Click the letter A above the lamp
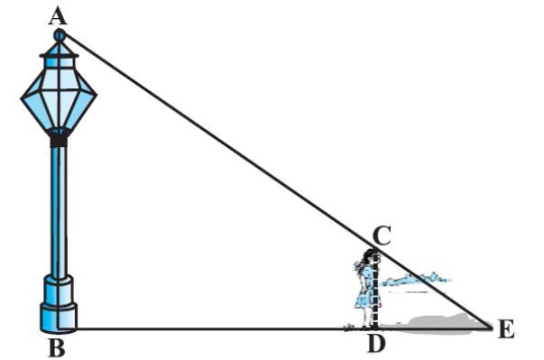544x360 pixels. tap(58, 17)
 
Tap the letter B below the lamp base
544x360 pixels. tap(57, 347)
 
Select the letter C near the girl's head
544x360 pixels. tap(383, 235)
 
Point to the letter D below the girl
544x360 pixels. tap(376, 344)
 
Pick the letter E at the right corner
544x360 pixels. tap(506, 329)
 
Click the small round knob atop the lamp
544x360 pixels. tap(60, 35)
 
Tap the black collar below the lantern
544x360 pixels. tap(59, 142)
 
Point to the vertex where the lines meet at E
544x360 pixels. tap(493, 328)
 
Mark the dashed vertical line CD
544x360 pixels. tap(375, 288)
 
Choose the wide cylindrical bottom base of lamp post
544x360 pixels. tap(59, 318)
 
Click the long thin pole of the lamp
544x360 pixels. tap(59, 211)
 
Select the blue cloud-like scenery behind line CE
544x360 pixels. tap(416, 279)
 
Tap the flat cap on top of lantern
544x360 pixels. tap(59, 56)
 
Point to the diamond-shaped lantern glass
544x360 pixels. tap(59, 97)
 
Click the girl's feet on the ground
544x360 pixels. tap(367, 326)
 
